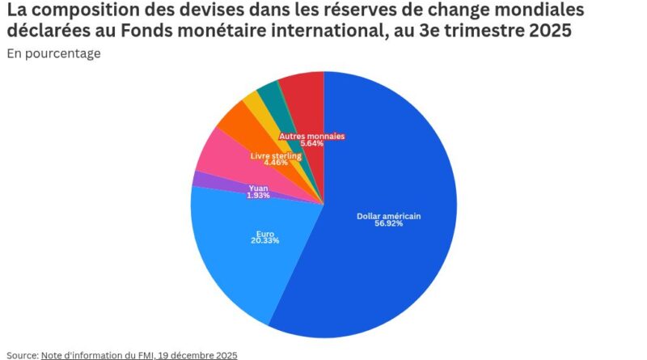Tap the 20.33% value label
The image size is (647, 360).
265,241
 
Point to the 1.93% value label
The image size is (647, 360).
258,196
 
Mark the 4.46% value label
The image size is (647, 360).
276,163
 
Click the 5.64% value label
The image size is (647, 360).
311,143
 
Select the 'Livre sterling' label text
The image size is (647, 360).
276,155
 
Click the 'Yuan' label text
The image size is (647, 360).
258,188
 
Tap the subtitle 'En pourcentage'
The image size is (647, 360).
53,53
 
